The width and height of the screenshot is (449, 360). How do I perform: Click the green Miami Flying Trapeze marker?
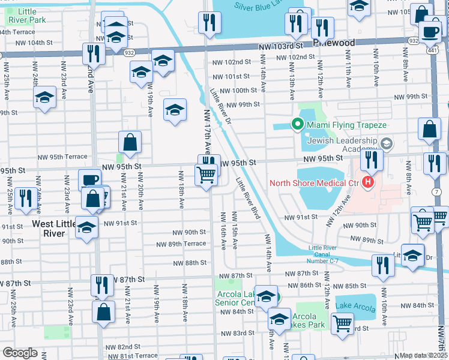point(297,125)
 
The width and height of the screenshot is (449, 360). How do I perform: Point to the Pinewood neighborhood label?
point(334,43)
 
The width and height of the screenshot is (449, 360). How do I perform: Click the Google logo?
point(20,353)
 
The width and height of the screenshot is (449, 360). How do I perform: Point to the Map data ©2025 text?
point(424,355)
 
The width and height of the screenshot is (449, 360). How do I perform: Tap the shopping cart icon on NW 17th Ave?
point(206,175)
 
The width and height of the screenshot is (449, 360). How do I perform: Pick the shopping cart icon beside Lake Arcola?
point(342,324)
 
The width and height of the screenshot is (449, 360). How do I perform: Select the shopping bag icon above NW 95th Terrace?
point(130,143)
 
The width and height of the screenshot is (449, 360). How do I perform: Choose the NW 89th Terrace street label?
point(181,244)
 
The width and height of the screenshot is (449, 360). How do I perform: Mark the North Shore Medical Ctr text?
point(314,183)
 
